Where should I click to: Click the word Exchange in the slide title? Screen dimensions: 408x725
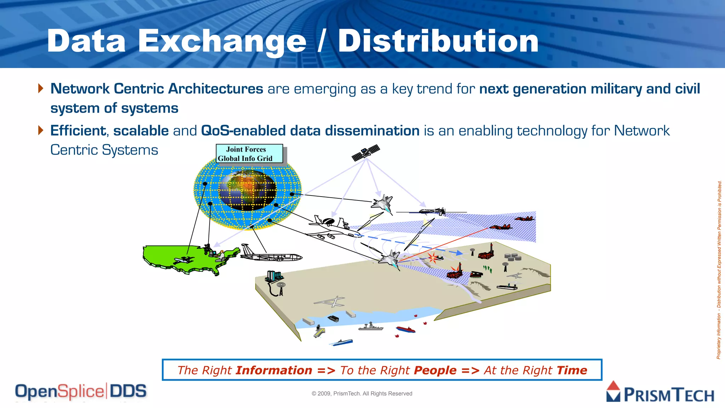click(222, 41)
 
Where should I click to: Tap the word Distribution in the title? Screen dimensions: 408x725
click(438, 41)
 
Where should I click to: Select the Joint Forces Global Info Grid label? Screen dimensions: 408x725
click(249, 154)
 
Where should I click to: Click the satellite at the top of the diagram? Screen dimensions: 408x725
click(366, 153)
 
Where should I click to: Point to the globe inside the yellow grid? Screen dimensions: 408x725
click(247, 190)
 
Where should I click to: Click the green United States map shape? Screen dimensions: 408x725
click(184, 259)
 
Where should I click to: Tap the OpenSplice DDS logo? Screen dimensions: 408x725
click(81, 392)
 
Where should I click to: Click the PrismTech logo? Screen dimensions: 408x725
click(661, 392)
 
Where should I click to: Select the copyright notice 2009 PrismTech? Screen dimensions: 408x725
click(362, 393)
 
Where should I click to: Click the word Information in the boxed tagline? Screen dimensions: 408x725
click(274, 370)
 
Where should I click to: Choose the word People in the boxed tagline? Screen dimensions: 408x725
click(435, 370)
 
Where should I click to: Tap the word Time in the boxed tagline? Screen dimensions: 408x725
click(572, 370)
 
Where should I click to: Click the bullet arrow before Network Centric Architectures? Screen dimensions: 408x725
click(41, 88)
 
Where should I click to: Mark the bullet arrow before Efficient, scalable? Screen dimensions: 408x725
click(41, 130)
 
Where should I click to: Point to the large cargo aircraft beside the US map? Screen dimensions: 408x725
click(271, 254)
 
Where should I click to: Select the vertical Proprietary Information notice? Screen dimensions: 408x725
click(719, 269)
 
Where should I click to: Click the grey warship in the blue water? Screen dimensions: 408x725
click(370, 327)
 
